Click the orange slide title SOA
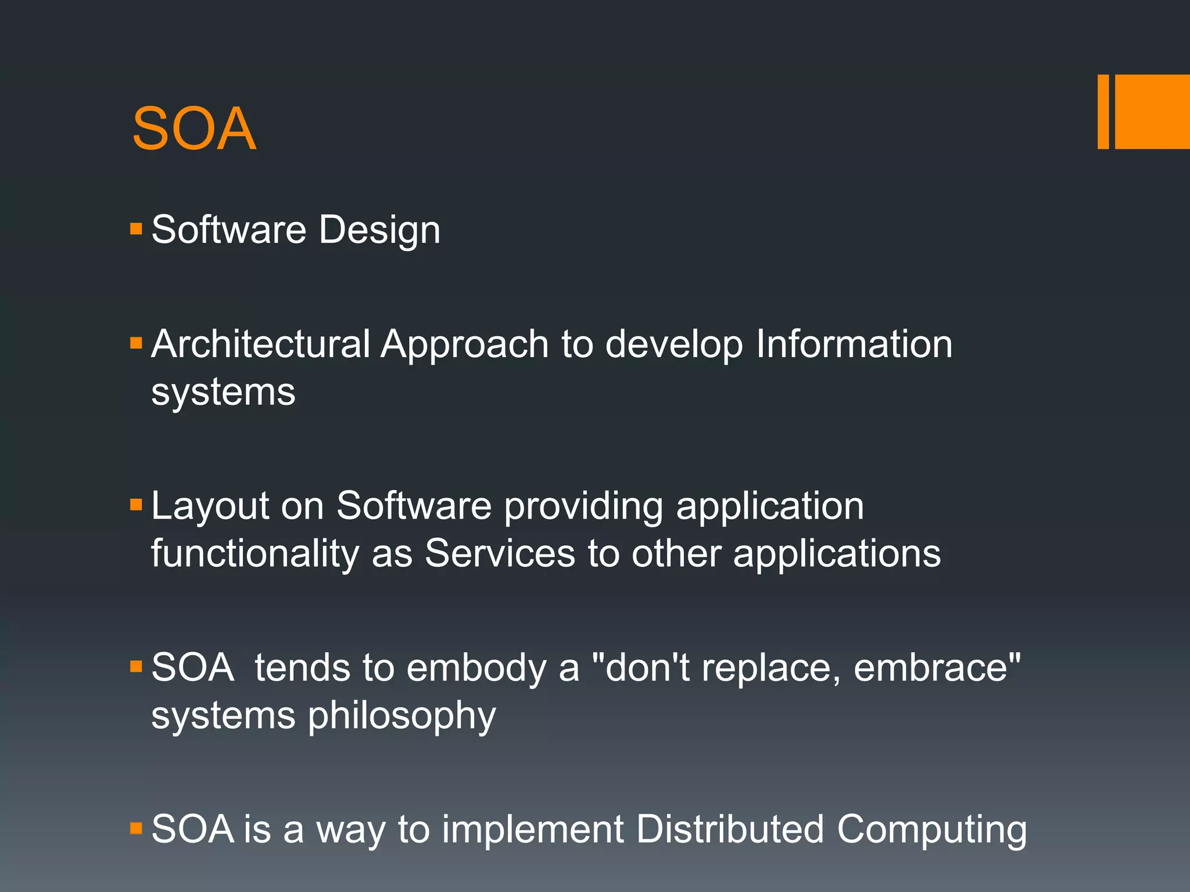pos(193,128)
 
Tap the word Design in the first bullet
pos(379,230)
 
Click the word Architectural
pos(260,344)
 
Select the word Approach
pos(464,345)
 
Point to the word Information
pos(854,344)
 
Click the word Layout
pos(210,506)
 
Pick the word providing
pos(583,506)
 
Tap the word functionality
pos(255,553)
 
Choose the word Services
pos(500,553)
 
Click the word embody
pos(476,667)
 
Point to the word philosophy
pos(402,716)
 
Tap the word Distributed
pos(730,829)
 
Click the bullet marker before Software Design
pos(137,228)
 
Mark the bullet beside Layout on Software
pos(137,504)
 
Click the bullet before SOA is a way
pos(137,828)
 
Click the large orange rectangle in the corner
pos(1152,111)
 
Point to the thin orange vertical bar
pos(1103,111)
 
